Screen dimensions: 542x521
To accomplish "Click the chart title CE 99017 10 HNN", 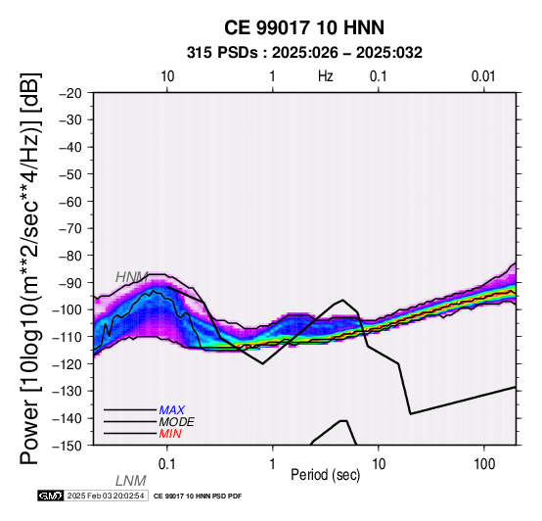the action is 304,27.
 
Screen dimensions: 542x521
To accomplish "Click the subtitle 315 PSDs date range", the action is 304,53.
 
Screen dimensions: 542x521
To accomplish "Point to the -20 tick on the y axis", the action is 70,93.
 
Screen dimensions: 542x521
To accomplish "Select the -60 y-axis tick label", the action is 70,202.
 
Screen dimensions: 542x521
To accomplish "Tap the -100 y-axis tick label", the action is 68,309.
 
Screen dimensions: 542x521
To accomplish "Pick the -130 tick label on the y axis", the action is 68,391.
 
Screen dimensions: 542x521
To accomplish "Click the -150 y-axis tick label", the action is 68,446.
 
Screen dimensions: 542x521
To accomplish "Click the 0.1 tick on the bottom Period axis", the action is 167,464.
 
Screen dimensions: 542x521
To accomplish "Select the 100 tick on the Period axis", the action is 484,464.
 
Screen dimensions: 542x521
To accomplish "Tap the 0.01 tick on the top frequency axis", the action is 483,76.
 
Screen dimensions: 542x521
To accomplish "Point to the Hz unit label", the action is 326,76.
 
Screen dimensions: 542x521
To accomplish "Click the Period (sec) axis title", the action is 325,475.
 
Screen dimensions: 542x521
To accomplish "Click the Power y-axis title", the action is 29,268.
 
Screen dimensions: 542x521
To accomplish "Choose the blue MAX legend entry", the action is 172,410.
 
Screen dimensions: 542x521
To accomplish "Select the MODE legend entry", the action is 177,422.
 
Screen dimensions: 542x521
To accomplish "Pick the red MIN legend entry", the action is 170,434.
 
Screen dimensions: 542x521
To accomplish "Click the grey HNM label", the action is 132,277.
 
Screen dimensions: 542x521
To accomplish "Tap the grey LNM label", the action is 131,481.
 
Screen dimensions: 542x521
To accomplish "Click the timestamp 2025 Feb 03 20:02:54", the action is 106,496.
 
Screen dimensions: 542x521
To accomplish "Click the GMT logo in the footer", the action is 51,496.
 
